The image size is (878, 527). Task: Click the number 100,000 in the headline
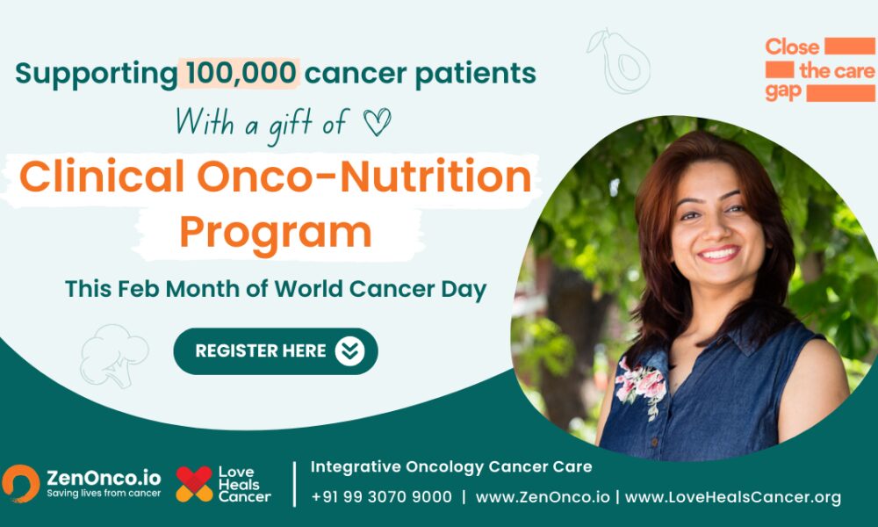(241, 74)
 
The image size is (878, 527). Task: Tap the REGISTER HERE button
(276, 351)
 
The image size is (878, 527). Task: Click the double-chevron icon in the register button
(350, 351)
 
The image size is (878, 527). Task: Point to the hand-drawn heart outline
(377, 121)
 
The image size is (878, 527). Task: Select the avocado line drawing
(619, 61)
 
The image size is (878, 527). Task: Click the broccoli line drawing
(113, 357)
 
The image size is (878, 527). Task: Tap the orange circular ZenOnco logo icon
(21, 483)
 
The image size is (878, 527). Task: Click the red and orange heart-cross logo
(194, 484)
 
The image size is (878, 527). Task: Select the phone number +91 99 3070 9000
(381, 497)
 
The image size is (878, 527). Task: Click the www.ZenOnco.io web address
(543, 497)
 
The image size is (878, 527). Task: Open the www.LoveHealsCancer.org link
(733, 497)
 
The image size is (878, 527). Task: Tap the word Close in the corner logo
(792, 47)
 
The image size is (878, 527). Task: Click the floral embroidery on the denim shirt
(641, 386)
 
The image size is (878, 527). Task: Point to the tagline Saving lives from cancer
(104, 494)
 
